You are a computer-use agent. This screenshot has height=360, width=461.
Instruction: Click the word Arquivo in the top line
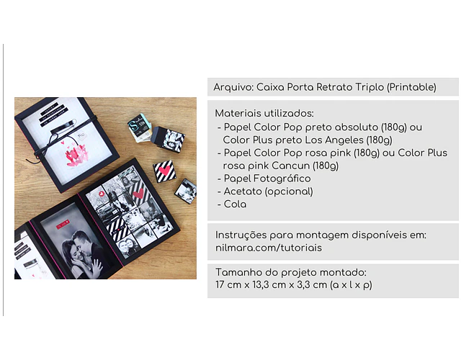[233, 87]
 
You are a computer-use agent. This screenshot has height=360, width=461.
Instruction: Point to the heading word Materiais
[238, 113]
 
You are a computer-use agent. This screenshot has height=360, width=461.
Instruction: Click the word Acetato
[243, 192]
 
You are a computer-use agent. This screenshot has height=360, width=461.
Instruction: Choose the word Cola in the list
[235, 204]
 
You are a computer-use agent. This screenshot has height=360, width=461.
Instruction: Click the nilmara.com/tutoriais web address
[269, 248]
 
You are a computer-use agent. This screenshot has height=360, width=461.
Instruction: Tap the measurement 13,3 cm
[269, 285]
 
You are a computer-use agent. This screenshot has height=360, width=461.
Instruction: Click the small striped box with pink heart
[165, 171]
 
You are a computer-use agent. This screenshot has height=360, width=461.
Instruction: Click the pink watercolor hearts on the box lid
[76, 155]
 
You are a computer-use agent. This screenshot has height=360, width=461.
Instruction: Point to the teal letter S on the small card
[134, 125]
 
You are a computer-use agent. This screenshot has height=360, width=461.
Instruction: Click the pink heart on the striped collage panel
[138, 194]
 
